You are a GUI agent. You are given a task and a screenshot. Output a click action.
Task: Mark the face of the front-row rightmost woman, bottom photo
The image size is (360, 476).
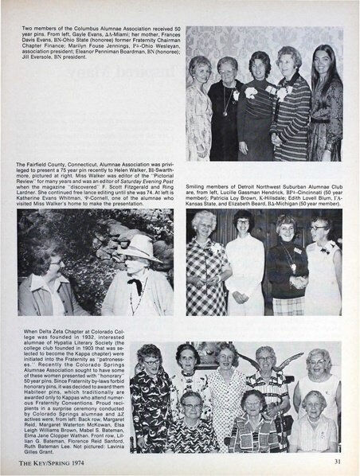pyautogui.click(x=315, y=404)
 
